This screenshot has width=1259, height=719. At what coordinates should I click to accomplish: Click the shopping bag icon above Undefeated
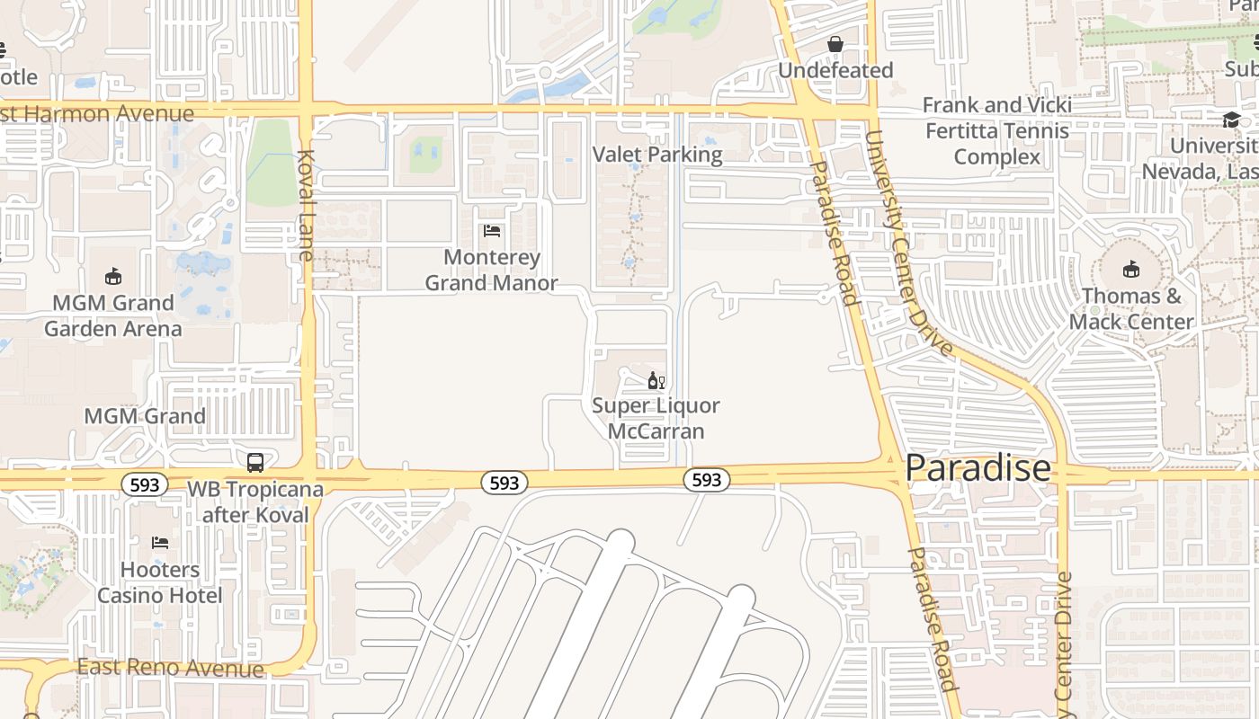coord(835,44)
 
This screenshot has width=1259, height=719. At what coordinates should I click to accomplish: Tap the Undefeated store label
coord(835,70)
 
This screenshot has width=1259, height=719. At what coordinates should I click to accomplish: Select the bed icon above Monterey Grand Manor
coord(492,231)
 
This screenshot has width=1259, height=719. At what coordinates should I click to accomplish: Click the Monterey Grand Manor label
coord(492,271)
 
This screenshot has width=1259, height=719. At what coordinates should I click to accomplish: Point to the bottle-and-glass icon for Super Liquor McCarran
coord(656,381)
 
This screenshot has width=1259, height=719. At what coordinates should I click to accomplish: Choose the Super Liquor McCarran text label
coord(656,418)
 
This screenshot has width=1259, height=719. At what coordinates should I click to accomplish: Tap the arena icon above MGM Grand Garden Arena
coord(113,276)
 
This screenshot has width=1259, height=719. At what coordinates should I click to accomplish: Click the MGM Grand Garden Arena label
coord(113,315)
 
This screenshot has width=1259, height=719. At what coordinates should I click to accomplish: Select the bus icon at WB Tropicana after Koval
coord(255,463)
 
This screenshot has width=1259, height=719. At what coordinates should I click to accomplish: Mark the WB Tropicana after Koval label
coord(254,502)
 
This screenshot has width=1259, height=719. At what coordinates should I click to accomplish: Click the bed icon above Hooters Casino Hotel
coord(160,543)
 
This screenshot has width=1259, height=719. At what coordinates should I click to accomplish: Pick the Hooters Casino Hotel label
coord(160,582)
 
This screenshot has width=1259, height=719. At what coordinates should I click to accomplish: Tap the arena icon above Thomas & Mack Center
coord(1131,269)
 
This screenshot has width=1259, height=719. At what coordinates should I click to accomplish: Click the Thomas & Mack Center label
coord(1131,308)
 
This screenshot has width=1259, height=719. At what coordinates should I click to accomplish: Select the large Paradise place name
coord(978,468)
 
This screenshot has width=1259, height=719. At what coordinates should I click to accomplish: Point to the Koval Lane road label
coord(304,205)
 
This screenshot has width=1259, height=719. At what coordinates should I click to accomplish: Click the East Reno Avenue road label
coord(171,668)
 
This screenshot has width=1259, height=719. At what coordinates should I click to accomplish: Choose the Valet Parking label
coord(657,155)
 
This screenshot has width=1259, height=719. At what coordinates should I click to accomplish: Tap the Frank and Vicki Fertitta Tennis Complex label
coord(997,131)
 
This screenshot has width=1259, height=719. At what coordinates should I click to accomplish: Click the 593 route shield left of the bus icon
coord(144,485)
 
